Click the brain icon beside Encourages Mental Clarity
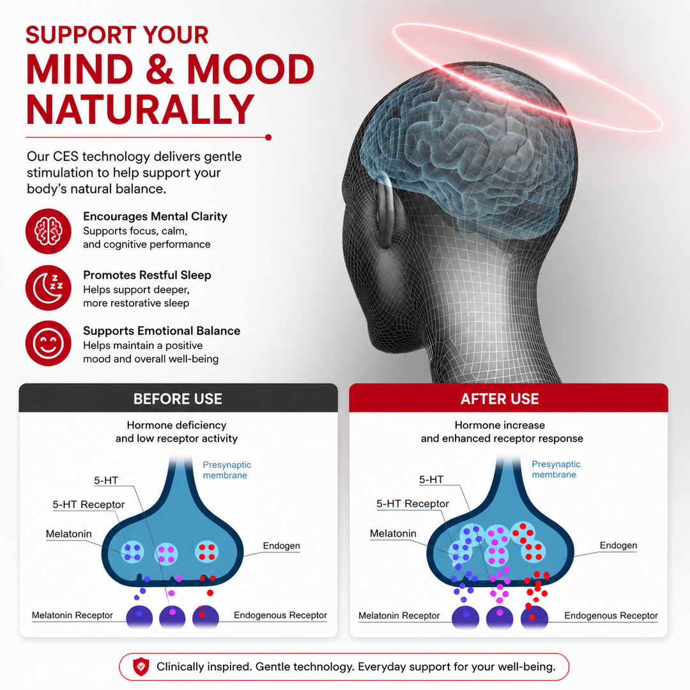[49, 231]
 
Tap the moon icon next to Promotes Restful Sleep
[49, 287]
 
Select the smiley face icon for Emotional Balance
[49, 344]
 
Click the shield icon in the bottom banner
[141, 666]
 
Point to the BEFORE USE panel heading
[178, 399]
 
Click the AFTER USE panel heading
[500, 399]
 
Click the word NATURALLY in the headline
[140, 109]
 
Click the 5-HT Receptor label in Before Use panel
[88, 504]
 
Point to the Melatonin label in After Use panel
[393, 533]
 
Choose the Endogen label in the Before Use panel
[281, 546]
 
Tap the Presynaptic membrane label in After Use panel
[556, 469]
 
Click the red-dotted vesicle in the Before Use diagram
[206, 552]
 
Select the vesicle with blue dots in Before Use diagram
[132, 552]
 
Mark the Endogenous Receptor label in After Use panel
[611, 615]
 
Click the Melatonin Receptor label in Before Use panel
[72, 615]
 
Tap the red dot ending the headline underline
[268, 138]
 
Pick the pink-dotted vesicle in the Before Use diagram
[166, 554]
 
